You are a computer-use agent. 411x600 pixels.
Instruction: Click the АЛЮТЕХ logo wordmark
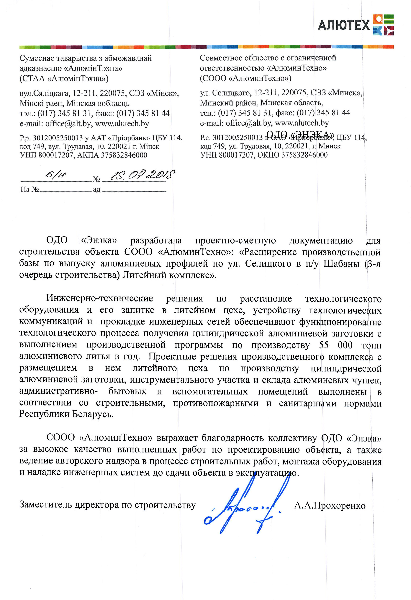tap(344, 25)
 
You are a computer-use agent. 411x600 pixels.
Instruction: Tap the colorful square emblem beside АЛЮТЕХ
tap(383, 25)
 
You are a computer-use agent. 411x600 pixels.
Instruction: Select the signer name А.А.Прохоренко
tap(330, 505)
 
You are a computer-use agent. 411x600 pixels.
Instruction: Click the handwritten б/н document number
tap(55, 176)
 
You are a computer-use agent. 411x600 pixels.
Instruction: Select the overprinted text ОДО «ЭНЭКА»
tap(300, 135)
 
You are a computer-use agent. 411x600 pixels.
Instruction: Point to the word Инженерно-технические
tap(100, 298)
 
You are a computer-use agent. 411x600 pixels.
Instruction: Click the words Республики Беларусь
tap(66, 414)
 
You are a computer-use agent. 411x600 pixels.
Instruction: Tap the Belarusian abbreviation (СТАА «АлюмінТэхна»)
tap(64, 78)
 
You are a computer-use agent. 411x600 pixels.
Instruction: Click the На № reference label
tap(30, 189)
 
